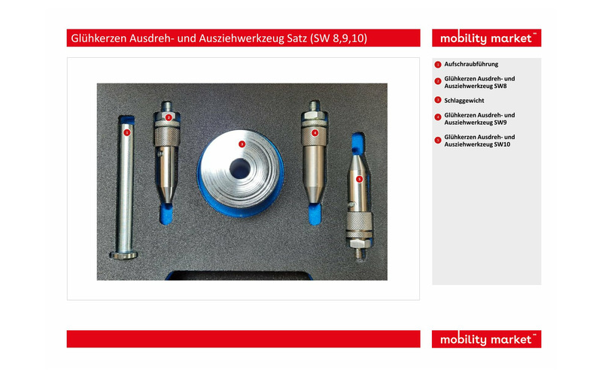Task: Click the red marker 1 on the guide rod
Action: tap(127, 133)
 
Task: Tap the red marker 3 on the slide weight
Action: tap(242, 144)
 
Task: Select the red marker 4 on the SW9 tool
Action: tap(315, 133)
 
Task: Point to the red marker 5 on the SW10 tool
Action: tap(360, 179)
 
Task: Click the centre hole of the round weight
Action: tap(240, 168)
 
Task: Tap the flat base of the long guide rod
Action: tap(123, 255)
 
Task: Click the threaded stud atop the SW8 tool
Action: tap(167, 106)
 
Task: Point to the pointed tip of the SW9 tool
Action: tap(314, 199)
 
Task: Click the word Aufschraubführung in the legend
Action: tap(471, 64)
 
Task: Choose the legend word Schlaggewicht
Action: tap(464, 101)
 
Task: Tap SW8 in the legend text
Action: tap(500, 86)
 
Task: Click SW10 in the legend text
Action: tap(502, 144)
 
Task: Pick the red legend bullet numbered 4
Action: tap(438, 117)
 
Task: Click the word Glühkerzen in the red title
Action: tap(99, 38)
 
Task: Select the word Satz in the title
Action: tap(297, 38)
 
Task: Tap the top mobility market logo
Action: tap(486, 38)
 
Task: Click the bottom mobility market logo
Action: tap(486, 339)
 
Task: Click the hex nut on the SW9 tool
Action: tap(314, 116)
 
